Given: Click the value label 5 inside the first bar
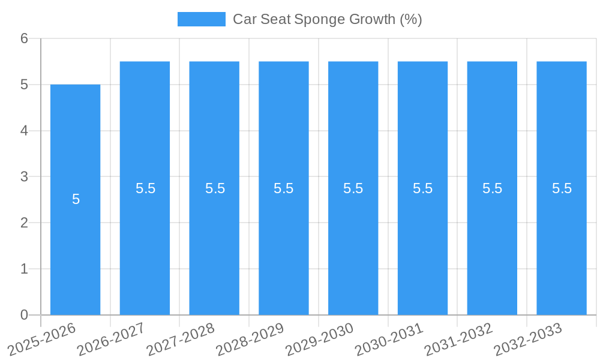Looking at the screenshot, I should click(76, 199).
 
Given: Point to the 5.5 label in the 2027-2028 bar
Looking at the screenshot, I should click(215, 188).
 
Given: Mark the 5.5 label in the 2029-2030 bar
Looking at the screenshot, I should click(353, 188).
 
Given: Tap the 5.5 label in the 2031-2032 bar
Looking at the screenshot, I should click(492, 188).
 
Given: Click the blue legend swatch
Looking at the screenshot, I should click(202, 19).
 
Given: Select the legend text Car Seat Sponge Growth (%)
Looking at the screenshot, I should click(328, 19).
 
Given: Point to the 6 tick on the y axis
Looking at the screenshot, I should click(24, 38).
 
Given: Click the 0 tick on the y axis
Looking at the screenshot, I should click(24, 315).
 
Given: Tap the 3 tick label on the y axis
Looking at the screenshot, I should click(24, 177).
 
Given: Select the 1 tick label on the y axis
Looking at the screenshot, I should click(24, 269).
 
